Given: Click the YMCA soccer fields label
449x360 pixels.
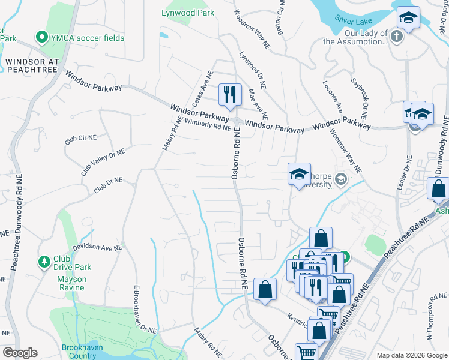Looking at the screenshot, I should (x=88, y=38).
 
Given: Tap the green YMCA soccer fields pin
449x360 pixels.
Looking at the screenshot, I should (x=42, y=38).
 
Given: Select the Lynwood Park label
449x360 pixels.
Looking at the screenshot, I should (x=187, y=12).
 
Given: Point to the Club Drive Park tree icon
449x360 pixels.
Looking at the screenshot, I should (x=44, y=262).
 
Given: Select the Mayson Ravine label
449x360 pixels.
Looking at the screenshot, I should (x=71, y=279).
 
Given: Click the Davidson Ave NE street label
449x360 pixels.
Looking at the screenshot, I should (x=97, y=247).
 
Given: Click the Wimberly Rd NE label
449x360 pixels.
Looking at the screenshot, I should (x=208, y=125).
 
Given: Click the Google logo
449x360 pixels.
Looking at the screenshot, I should (x=20, y=353).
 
